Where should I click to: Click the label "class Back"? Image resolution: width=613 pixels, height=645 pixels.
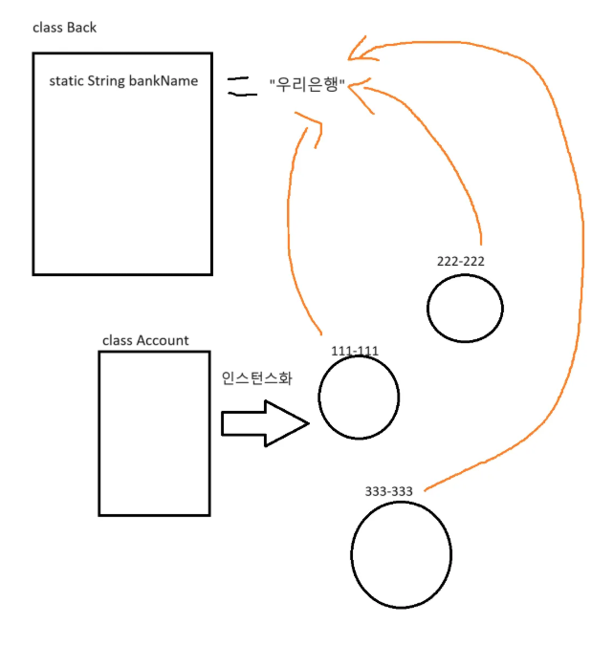point(64,28)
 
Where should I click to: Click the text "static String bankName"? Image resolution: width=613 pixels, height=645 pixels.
point(123,81)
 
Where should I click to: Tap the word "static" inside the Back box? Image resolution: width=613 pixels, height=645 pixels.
point(66,81)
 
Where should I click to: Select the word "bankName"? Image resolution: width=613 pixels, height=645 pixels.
point(167,81)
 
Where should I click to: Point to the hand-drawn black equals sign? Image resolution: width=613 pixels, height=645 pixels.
point(242,86)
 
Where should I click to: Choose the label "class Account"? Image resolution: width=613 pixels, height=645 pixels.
point(145,340)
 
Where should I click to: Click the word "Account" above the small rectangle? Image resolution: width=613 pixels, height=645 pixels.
point(163,340)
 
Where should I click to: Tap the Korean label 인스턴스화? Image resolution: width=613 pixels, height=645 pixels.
point(256,377)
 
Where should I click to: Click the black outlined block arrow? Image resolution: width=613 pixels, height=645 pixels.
point(265,423)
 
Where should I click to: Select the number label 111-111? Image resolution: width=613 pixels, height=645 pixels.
point(355,351)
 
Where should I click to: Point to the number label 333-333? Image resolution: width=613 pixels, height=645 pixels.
point(388,491)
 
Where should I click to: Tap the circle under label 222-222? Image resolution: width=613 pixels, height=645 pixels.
point(465,307)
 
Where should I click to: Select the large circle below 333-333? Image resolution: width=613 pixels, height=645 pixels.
point(401,556)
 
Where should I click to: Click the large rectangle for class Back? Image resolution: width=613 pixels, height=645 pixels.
point(122,162)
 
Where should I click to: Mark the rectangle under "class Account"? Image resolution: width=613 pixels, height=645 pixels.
point(154,433)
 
